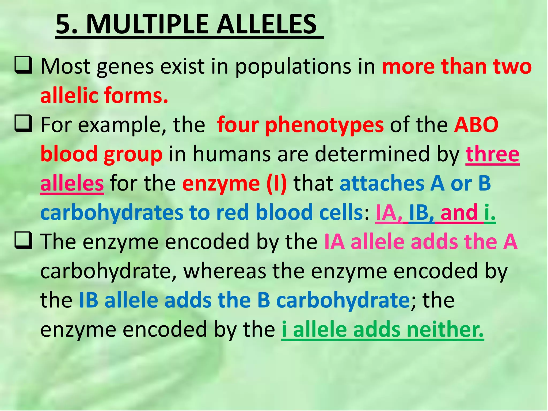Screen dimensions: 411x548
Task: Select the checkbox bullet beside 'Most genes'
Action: pos(23,65)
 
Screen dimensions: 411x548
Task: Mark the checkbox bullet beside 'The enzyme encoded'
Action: pos(23,241)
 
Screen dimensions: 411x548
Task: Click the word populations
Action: pos(293,67)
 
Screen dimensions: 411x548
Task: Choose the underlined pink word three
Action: pos(492,154)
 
